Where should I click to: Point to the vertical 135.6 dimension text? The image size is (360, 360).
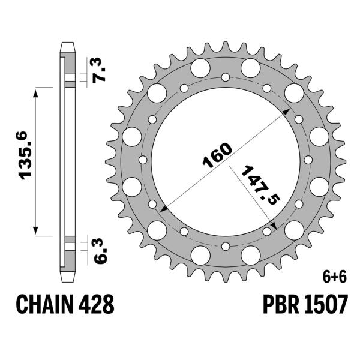click(25, 161)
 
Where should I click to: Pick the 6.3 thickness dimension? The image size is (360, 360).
click(100, 250)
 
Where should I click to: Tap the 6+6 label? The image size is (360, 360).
click(330, 277)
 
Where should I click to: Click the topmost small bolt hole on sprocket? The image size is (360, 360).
click(225, 77)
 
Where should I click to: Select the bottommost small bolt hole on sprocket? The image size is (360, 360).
click(225, 245)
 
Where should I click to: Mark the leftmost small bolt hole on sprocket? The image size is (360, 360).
click(142, 160)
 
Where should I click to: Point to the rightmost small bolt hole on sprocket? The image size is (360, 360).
click(308, 160)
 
